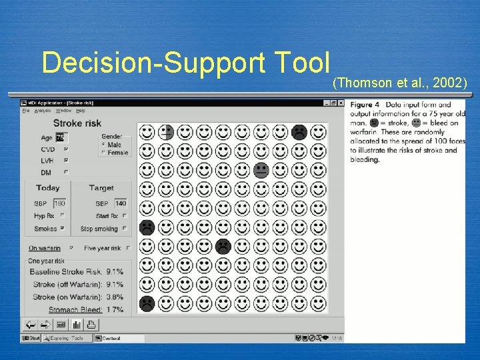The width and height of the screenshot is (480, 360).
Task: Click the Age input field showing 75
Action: click(60, 137)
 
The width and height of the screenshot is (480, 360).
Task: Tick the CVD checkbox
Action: click(65, 149)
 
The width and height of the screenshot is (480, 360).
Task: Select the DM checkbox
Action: click(65, 173)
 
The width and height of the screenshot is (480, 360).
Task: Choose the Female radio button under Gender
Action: click(103, 153)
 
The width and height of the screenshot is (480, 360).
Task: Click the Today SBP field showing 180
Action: click(60, 203)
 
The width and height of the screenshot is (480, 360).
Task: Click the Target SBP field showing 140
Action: click(121, 203)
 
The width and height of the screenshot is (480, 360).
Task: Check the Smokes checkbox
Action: click(63, 229)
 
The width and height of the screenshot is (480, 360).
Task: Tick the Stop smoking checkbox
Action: click(125, 229)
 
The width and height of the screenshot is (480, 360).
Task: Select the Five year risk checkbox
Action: click(128, 248)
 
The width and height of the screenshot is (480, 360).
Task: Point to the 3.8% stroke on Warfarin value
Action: click(114, 297)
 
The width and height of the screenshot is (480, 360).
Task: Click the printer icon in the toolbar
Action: click(91, 325)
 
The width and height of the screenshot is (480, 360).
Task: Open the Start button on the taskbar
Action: click(31, 338)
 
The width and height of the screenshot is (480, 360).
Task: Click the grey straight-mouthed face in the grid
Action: click(261, 170)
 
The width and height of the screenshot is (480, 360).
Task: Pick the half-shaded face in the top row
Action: click(166, 132)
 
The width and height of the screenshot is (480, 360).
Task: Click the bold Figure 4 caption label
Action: click(365, 105)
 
